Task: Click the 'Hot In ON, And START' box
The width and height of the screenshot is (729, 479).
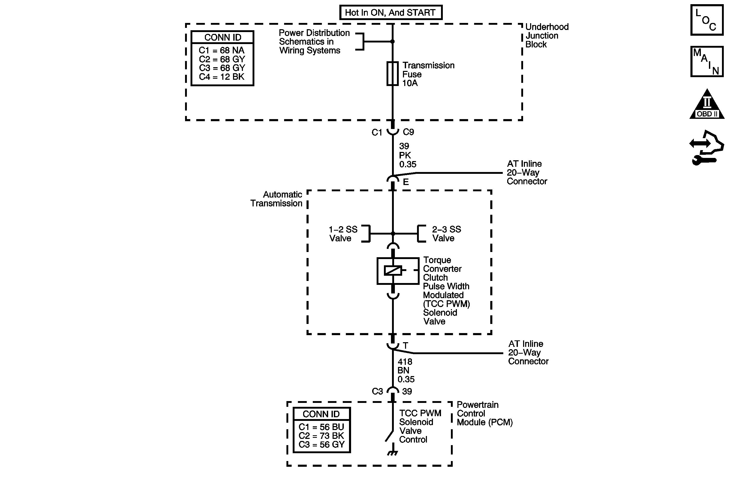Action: pos(390,13)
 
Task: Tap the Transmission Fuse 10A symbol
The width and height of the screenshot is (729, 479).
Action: pos(392,73)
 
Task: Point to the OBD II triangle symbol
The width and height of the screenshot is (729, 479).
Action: pos(707,106)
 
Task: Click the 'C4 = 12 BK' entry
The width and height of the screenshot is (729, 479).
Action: pos(222,77)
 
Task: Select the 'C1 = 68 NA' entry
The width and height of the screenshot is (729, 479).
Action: pos(222,50)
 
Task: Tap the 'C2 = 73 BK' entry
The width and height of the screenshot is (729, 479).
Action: pos(321,435)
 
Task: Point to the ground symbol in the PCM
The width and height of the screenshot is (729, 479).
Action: pos(392,453)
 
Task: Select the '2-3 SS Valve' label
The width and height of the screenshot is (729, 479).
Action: pos(446,234)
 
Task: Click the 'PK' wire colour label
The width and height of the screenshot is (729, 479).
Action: pos(405,155)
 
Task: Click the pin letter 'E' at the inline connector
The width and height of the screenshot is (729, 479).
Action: pos(406,182)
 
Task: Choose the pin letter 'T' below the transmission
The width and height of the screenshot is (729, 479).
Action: pos(406,346)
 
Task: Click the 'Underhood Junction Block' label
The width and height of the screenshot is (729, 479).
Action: pos(547,35)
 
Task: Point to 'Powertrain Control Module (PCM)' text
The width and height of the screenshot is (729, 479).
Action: pos(485,414)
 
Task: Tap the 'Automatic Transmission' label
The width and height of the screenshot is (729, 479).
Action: pos(276,199)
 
